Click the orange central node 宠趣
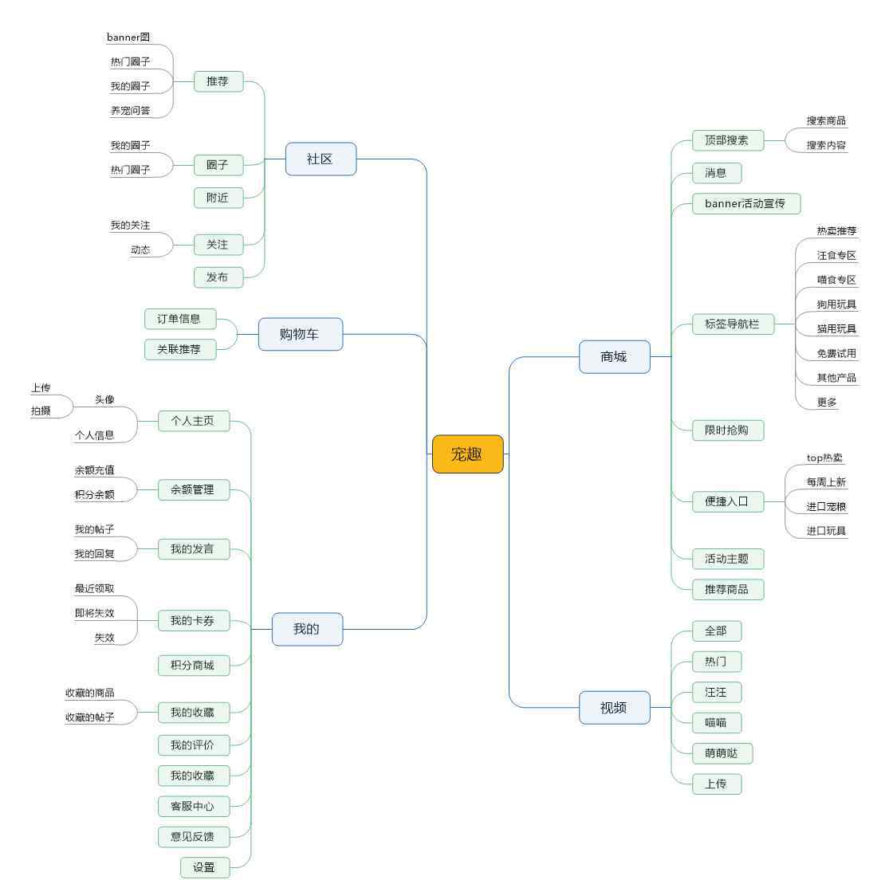pyautogui.click(x=467, y=454)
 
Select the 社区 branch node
pyautogui.click(x=320, y=159)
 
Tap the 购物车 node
pyautogui.click(x=300, y=334)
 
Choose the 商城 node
pyautogui.click(x=614, y=356)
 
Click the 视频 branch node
pyautogui.click(x=614, y=707)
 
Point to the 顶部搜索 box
pyautogui.click(x=726, y=140)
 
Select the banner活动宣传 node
pyautogui.click(x=745, y=203)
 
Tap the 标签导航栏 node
pyautogui.click(x=732, y=324)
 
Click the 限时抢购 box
pyautogui.click(x=726, y=430)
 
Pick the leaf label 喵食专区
pyautogui.click(x=836, y=280)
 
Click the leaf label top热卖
pyautogui.click(x=824, y=458)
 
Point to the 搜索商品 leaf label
pyautogui.click(x=826, y=121)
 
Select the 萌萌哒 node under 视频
pyautogui.click(x=722, y=753)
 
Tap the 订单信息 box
pyautogui.click(x=179, y=319)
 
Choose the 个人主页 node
pyautogui.click(x=193, y=420)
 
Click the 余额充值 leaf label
pyautogui.click(x=95, y=470)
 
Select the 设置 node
pyautogui.click(x=204, y=867)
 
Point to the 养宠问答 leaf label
pyautogui.click(x=130, y=111)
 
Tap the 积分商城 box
pyautogui.click(x=192, y=665)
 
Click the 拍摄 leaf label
pyautogui.click(x=41, y=411)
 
